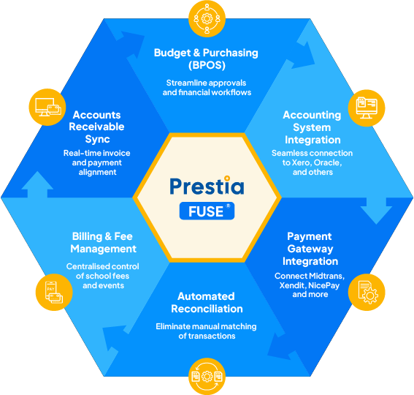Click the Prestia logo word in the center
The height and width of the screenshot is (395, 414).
(207, 185)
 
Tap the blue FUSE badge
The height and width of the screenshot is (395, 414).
(207, 211)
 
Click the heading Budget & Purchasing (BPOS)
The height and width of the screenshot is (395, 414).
(206, 59)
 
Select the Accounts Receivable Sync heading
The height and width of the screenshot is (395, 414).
(96, 127)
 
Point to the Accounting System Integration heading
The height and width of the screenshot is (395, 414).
(313, 127)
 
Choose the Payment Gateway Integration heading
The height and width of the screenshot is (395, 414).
(310, 249)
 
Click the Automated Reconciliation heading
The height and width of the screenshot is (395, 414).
(207, 302)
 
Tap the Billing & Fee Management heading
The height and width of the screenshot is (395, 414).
(103, 242)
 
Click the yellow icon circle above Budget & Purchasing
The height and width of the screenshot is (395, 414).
(207, 18)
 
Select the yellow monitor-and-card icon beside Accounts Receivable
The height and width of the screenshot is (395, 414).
(47, 107)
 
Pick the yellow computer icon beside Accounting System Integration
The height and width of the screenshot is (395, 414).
(367, 108)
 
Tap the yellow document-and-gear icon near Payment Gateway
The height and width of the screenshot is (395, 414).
(367, 292)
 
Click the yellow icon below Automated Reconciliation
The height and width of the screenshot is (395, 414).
(207, 376)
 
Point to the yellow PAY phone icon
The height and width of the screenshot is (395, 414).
(54, 292)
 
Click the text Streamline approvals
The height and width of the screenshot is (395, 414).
(206, 83)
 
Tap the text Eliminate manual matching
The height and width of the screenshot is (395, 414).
(206, 326)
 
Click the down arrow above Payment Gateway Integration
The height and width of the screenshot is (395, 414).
(376, 211)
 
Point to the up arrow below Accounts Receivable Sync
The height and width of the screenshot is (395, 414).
(37, 184)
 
